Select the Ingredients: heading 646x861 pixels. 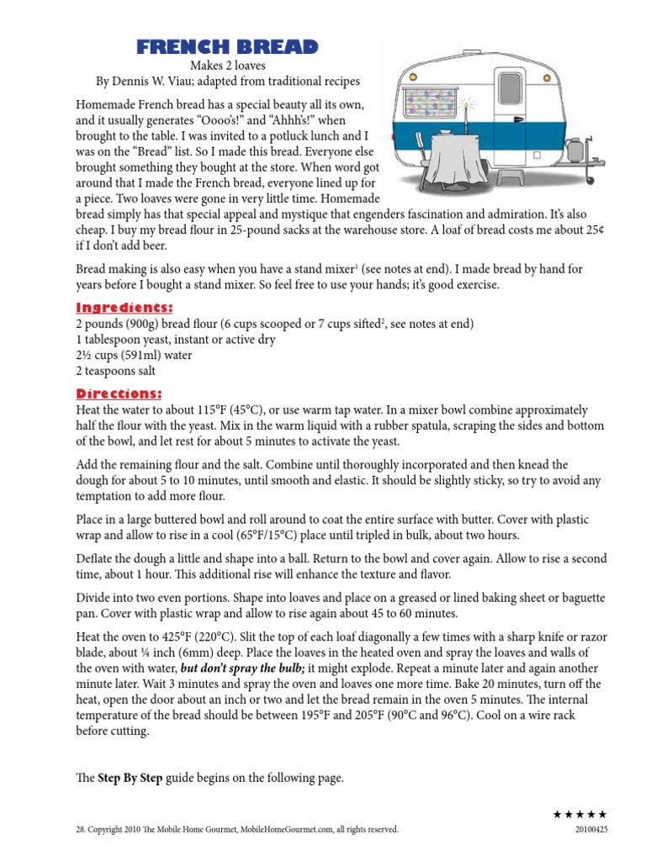pos(124,308)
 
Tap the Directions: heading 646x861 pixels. pos(119,394)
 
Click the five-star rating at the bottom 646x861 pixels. pos(580,814)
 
